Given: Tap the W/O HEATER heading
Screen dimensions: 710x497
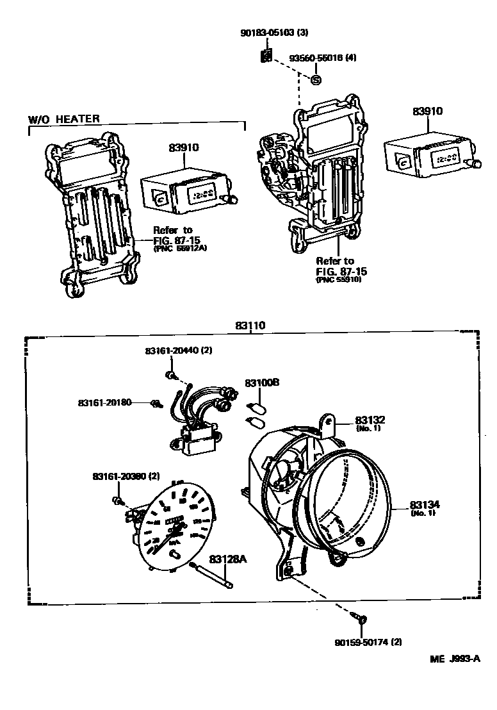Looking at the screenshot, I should (x=64, y=119).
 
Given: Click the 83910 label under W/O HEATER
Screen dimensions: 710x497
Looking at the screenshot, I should (x=184, y=147).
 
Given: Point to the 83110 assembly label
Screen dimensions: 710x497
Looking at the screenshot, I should (x=250, y=326).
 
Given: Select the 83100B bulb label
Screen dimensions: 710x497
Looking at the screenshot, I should (x=262, y=383).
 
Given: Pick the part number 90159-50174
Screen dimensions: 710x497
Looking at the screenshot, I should (x=361, y=641).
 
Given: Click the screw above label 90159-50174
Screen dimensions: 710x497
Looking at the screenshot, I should (x=361, y=619).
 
